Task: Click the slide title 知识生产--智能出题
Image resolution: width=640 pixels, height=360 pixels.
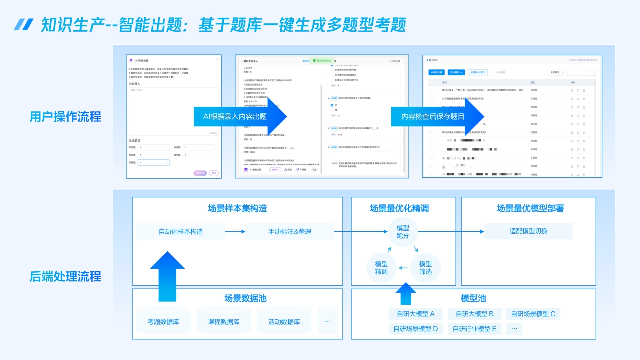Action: [x=223, y=25]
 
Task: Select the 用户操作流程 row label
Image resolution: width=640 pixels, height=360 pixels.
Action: [x=65, y=117]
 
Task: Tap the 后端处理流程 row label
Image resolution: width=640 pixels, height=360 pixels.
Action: [x=65, y=277]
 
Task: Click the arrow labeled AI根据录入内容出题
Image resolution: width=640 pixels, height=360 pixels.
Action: [x=240, y=117]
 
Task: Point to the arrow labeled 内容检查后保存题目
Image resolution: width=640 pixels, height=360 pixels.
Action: [x=438, y=117]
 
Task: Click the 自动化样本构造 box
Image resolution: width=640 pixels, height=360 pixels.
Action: [x=181, y=231]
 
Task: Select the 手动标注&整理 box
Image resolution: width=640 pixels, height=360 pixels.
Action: [x=290, y=231]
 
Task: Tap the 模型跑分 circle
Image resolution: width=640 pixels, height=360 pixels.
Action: [x=403, y=231]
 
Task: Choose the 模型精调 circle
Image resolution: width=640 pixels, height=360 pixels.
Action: [x=381, y=268]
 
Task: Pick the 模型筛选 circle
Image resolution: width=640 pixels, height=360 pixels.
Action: [x=425, y=268]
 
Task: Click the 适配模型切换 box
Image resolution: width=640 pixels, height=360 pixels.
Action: [x=528, y=231]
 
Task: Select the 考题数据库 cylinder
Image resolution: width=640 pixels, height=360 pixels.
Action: [x=163, y=321]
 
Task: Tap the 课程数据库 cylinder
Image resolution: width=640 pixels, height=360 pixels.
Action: [x=224, y=321]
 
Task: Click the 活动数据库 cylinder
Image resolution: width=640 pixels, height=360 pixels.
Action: [x=284, y=321]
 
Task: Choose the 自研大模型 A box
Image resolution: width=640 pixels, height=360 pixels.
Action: [x=415, y=314]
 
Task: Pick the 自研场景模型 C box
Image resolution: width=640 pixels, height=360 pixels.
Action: [x=533, y=314]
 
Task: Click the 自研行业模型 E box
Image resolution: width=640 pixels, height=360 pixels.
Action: [x=474, y=328]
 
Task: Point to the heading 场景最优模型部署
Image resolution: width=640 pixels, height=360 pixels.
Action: [x=530, y=208]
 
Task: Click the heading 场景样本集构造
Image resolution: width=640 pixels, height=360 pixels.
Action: [x=237, y=208]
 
